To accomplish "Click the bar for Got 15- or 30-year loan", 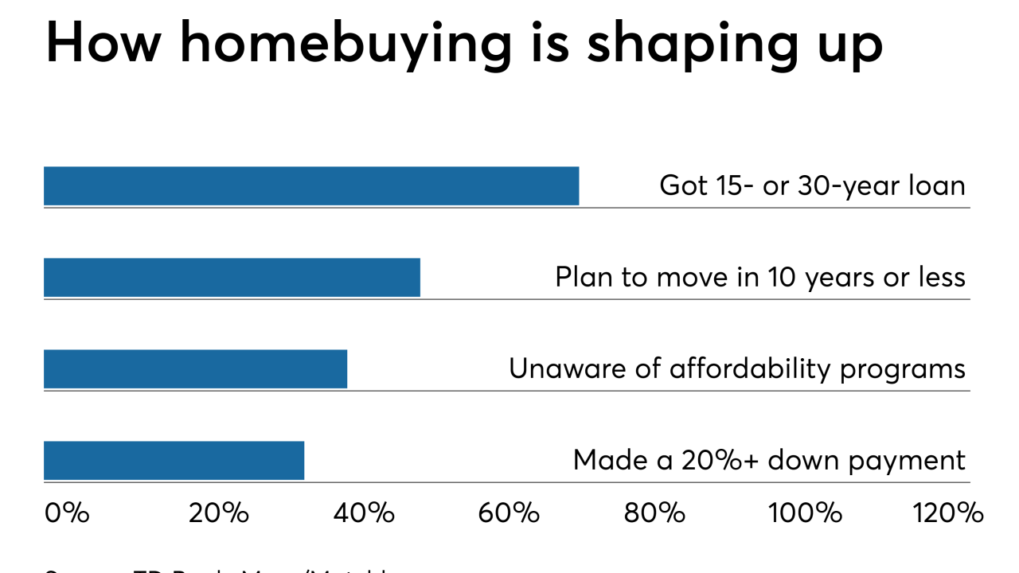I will tap(311, 186).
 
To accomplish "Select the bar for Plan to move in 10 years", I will tap(232, 278).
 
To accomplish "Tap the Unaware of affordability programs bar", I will tap(195, 369).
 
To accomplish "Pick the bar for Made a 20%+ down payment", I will tap(174, 461).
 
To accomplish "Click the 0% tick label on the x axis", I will tap(67, 513).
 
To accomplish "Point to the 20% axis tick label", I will tap(219, 513).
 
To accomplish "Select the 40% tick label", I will tap(364, 513).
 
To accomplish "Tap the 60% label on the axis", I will tap(509, 513).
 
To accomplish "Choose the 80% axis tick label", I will tap(654, 513).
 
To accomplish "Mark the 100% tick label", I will tap(805, 513).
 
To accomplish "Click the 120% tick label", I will tap(950, 513).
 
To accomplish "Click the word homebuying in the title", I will tap(346, 45).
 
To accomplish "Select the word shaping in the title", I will tap(690, 45).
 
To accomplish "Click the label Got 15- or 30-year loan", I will tap(812, 186).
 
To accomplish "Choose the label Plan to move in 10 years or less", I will tap(760, 278).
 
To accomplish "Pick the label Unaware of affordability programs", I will tap(737, 369).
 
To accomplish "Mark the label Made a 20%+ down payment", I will tap(769, 461).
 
